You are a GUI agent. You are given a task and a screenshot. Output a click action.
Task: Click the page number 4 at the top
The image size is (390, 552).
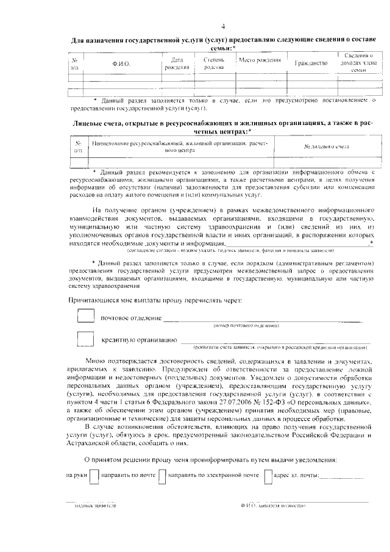coord(223,26)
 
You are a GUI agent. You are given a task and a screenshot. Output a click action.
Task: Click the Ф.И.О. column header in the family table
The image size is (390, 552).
coord(122,63)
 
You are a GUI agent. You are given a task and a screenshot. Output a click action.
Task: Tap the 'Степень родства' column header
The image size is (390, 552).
coord(214,63)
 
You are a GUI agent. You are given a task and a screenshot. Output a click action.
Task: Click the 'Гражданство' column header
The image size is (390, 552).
coord(311,63)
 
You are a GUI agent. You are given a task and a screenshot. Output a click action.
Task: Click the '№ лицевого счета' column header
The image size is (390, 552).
coord(326,147)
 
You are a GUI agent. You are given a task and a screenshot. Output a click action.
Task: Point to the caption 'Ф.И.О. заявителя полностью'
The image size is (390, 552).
coord(273,506)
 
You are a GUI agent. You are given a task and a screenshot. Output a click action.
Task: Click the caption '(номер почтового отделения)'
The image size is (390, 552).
coord(246,326)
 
